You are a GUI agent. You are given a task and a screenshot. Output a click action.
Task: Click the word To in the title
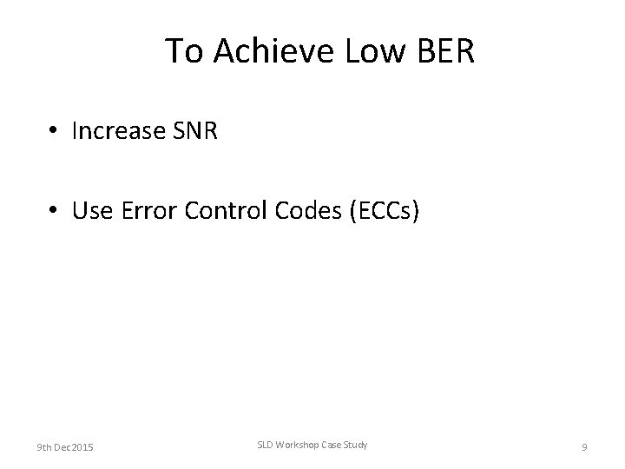[182, 52]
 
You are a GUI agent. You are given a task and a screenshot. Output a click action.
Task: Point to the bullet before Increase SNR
[54, 131]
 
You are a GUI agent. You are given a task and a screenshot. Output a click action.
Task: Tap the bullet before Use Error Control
[54, 211]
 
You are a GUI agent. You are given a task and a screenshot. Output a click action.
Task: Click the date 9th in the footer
[43, 447]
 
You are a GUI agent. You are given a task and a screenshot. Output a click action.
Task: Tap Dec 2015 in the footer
[76, 447]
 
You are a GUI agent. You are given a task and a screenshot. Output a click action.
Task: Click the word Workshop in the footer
[299, 446]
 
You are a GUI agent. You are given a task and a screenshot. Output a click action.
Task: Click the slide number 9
[584, 447]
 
